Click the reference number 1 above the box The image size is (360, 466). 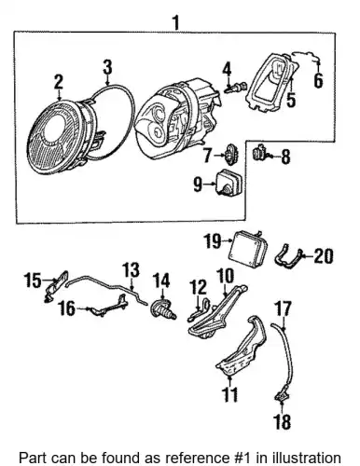click(176, 23)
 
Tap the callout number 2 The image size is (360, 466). click(59, 82)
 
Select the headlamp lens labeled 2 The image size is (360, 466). click(59, 138)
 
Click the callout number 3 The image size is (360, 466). click(107, 67)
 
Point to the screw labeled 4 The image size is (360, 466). click(236, 88)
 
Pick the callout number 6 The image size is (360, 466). click(318, 80)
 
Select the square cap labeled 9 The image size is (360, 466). click(230, 183)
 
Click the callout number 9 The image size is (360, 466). click(198, 185)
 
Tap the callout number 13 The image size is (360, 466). click(131, 270)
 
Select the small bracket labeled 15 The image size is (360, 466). click(56, 286)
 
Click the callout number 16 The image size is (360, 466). click(66, 309)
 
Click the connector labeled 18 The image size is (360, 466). click(282, 396)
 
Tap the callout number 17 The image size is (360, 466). click(284, 308)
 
